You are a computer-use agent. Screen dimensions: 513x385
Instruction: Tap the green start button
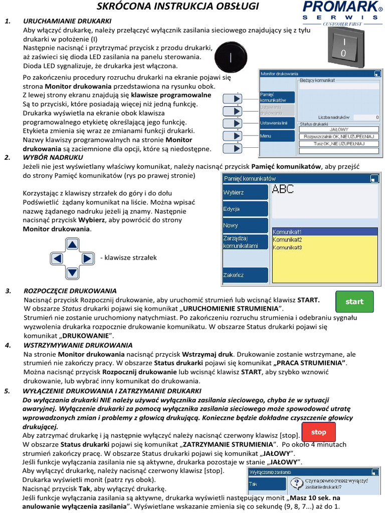[354, 301]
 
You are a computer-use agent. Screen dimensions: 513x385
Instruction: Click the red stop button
[318, 432]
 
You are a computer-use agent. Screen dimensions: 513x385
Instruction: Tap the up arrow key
[73, 244]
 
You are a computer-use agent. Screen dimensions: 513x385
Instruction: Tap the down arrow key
[73, 273]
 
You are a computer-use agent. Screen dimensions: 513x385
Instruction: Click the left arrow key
[58, 259]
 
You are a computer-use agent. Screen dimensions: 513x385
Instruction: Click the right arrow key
[87, 259]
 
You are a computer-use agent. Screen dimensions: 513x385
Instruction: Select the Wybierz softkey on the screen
[245, 192]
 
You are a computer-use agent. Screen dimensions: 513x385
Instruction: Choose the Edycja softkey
[245, 209]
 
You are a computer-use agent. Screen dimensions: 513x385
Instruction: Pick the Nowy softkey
[245, 225]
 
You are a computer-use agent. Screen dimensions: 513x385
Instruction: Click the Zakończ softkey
[245, 275]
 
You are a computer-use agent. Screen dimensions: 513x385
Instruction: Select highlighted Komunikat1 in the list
[287, 232]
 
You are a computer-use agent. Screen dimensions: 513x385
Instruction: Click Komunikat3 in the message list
[287, 247]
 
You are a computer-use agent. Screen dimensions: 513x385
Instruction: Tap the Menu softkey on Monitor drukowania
[277, 136]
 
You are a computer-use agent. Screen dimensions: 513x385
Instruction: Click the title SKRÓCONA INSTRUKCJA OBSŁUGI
[177, 7]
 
